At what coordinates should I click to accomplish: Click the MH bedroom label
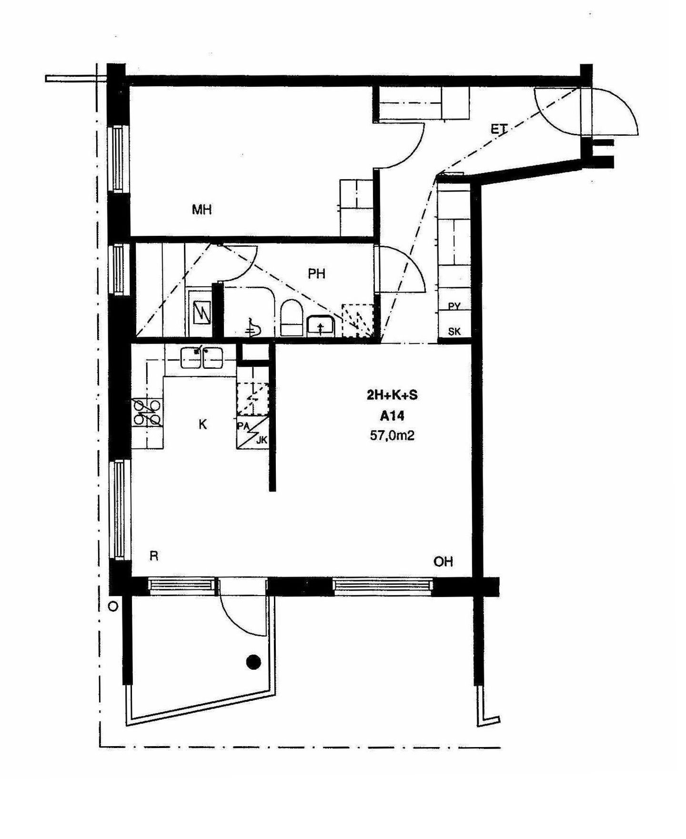pyautogui.click(x=202, y=209)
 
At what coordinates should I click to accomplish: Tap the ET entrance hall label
pyautogui.click(x=499, y=128)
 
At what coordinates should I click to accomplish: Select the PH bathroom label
pyautogui.click(x=316, y=273)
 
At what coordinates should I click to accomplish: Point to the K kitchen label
pyautogui.click(x=202, y=424)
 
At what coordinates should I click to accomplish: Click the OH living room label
pyautogui.click(x=443, y=562)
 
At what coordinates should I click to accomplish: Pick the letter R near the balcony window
pyautogui.click(x=154, y=556)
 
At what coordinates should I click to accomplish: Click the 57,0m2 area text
pyautogui.click(x=392, y=435)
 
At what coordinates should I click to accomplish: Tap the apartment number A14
pyautogui.click(x=392, y=416)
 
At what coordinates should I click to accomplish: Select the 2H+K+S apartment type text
pyautogui.click(x=392, y=395)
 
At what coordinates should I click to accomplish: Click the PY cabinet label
pyautogui.click(x=454, y=306)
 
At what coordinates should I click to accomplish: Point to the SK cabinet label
pyautogui.click(x=454, y=332)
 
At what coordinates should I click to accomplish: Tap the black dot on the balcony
pyautogui.click(x=253, y=662)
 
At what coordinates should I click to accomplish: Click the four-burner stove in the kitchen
pyautogui.click(x=147, y=413)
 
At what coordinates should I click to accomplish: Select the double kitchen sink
pyautogui.click(x=202, y=358)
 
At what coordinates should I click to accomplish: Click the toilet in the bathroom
pyautogui.click(x=292, y=318)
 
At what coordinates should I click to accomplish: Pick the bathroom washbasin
pyautogui.click(x=321, y=325)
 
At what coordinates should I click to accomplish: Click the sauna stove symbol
pyautogui.click(x=201, y=313)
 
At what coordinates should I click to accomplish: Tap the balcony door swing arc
pyautogui.click(x=237, y=619)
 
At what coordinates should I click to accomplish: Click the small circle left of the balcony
pyautogui.click(x=113, y=607)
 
